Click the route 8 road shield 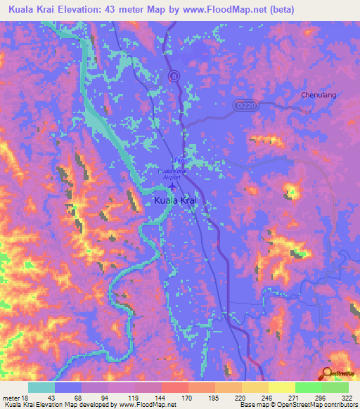click(x=173, y=75)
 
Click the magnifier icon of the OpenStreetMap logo click(x=327, y=374)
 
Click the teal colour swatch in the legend click(x=41, y=387)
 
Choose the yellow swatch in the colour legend click(x=281, y=387)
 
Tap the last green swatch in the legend click(x=335, y=387)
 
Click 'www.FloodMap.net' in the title click(x=231, y=9)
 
